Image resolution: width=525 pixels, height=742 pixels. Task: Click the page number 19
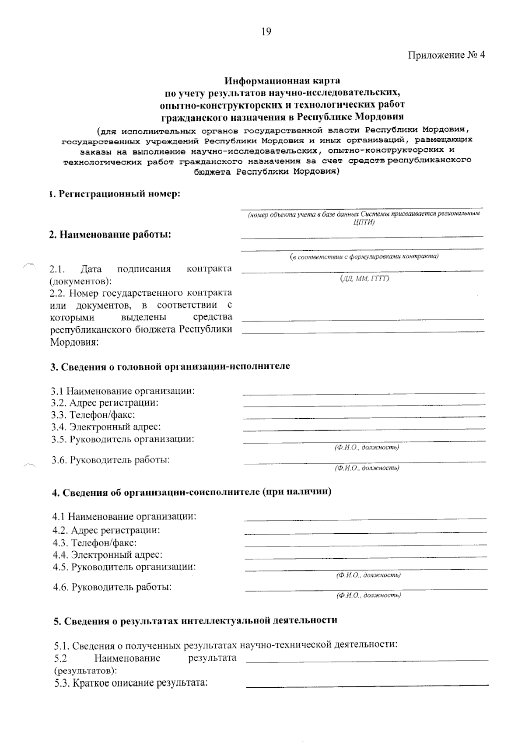pos(266,31)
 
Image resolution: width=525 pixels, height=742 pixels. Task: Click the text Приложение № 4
pos(447,55)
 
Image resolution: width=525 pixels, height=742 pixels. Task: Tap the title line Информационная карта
pos(282,81)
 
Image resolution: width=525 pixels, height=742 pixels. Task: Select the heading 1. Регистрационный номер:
pos(114,194)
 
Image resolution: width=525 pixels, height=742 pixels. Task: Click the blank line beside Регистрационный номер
pos(361,207)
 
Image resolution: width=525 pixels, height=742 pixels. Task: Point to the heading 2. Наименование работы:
pos(110,234)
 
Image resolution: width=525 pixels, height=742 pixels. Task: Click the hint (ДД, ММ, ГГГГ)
pos(364,278)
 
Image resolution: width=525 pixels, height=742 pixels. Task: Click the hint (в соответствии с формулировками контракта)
pos(364,256)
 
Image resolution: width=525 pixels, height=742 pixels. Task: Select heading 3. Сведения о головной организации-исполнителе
pos(170,366)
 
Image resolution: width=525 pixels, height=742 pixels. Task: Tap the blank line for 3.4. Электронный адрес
pos(364,430)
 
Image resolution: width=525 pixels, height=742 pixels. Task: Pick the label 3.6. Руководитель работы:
pos(111,460)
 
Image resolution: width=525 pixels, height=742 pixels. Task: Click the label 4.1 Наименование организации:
pos(124,517)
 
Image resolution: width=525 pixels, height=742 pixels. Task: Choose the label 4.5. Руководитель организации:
pos(124,567)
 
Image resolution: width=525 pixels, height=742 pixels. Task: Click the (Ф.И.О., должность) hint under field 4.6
pos(368,595)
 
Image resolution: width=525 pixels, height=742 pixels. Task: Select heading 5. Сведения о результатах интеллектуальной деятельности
pos(195,621)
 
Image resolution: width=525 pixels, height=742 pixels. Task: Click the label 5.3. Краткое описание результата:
pos(131,683)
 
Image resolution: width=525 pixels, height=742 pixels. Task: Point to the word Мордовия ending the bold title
pos(379,117)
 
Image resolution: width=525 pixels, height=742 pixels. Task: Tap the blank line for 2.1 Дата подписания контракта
pos(362,271)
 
